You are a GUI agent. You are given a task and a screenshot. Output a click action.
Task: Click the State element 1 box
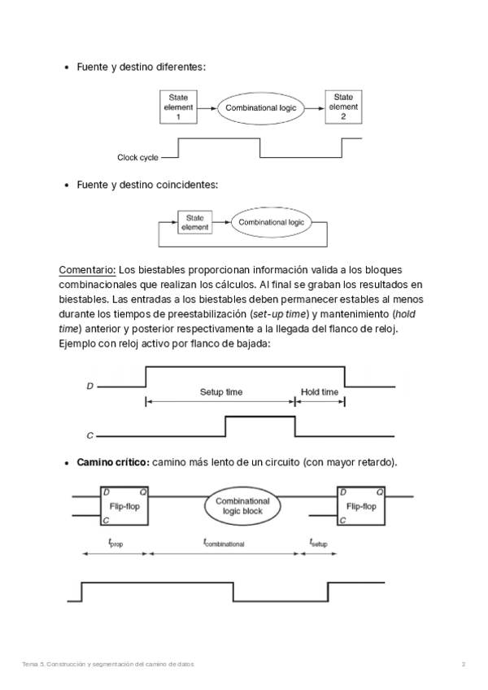click(178, 107)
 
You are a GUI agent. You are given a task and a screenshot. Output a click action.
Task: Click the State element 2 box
click(342, 107)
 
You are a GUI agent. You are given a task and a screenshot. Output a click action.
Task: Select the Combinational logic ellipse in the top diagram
click(261, 107)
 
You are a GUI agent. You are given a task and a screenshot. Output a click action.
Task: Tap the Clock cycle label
click(138, 157)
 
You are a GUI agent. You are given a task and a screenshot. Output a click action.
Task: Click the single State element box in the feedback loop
click(194, 223)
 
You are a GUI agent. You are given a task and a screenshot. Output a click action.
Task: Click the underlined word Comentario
click(88, 269)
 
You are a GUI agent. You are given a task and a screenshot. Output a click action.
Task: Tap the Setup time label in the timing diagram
click(221, 392)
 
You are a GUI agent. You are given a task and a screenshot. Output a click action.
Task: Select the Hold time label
click(320, 392)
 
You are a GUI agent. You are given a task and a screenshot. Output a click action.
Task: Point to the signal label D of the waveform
click(89, 386)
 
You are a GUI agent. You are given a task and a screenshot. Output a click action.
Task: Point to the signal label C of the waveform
click(89, 436)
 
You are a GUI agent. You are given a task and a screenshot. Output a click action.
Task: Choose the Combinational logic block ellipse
click(242, 507)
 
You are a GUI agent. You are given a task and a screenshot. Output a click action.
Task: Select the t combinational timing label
click(224, 541)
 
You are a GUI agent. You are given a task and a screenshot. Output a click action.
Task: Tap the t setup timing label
click(318, 541)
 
